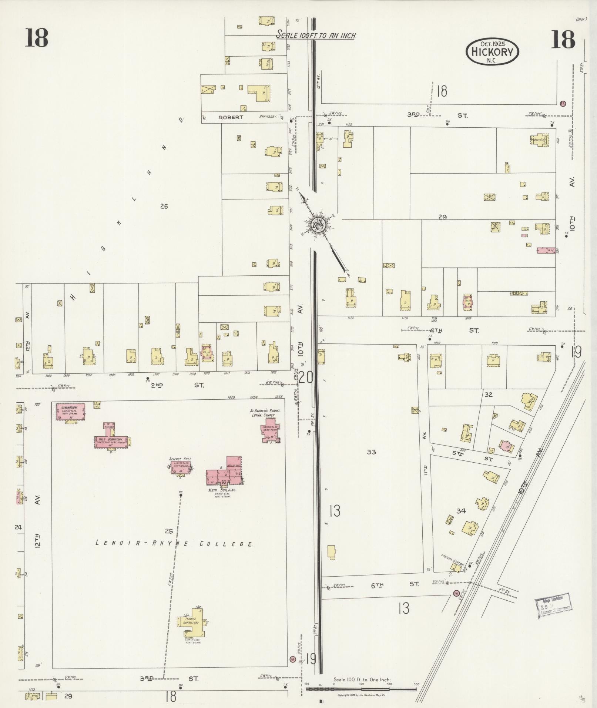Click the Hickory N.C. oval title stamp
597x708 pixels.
pyautogui.click(x=492, y=52)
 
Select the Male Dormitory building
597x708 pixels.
pyautogui.click(x=111, y=440)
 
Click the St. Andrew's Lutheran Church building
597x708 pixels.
pyautogui.click(x=270, y=432)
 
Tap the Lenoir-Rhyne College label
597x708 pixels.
pyautogui.click(x=174, y=544)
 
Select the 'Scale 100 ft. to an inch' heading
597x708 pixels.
pyautogui.click(x=317, y=36)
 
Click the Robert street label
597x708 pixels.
pyautogui.click(x=231, y=117)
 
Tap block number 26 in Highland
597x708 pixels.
pyautogui.click(x=164, y=206)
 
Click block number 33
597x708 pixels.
pyautogui.click(x=371, y=452)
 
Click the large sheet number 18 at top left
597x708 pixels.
pyautogui.click(x=37, y=38)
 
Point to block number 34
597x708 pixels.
pyautogui.click(x=461, y=511)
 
